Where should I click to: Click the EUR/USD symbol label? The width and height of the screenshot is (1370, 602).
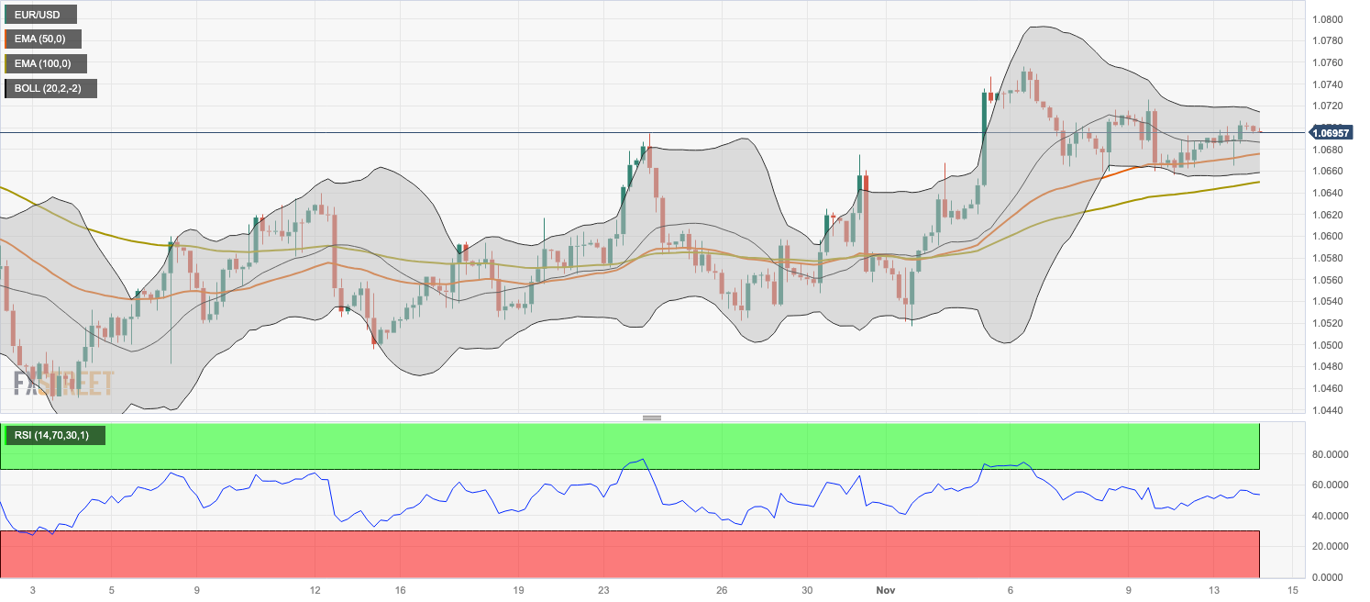[40, 15]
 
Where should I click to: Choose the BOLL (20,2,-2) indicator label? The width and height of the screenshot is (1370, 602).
[50, 88]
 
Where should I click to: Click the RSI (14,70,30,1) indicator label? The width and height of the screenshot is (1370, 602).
[54, 435]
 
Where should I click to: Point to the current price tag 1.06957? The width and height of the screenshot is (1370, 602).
[1335, 133]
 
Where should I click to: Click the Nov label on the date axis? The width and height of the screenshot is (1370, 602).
[885, 589]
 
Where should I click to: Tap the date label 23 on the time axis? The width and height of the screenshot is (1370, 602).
[603, 589]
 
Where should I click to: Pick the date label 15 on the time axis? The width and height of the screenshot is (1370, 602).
[1292, 589]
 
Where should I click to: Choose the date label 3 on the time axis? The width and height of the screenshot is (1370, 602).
[32, 589]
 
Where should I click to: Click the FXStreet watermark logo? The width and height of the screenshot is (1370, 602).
[63, 382]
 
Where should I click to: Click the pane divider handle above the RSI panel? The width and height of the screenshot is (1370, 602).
[652, 418]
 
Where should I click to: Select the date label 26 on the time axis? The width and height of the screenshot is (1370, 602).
[722, 589]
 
